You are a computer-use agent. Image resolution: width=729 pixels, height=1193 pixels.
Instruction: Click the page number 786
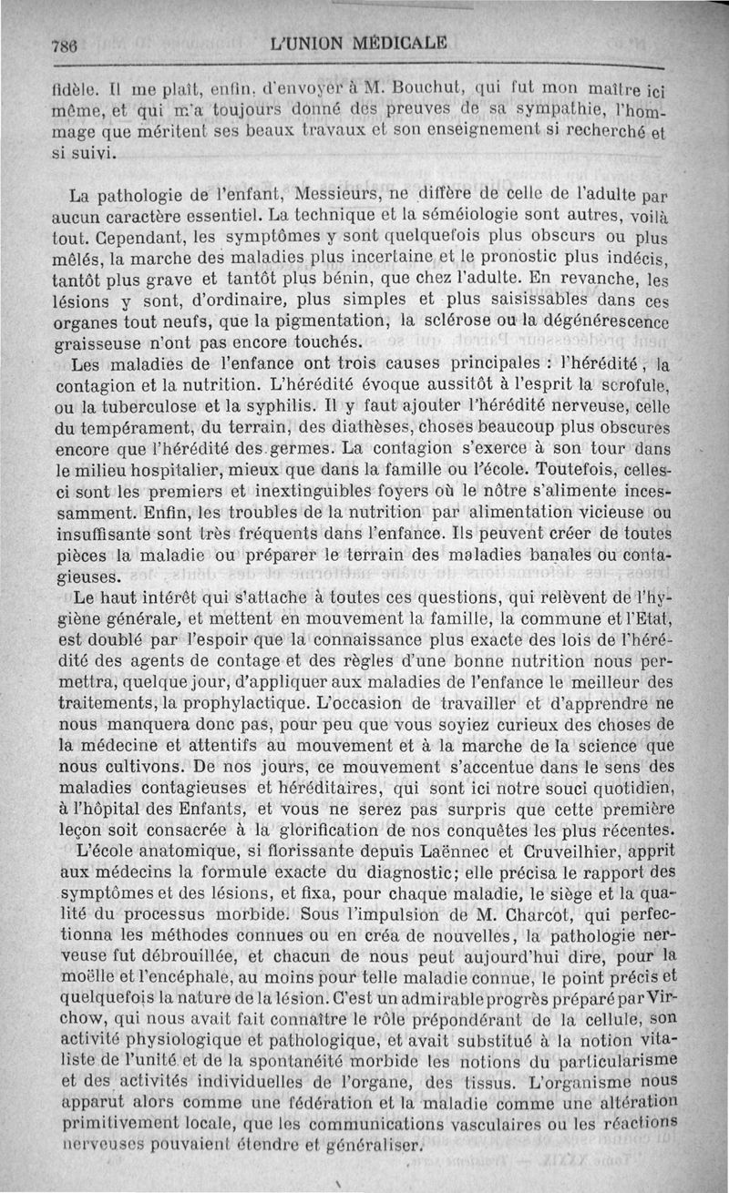[x=65, y=42]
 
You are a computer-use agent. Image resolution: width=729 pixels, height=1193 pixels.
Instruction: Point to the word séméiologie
[x=454, y=215]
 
